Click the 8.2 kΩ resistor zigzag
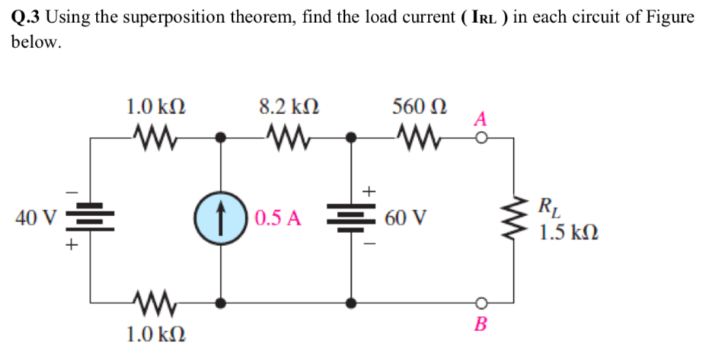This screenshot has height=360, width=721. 286,139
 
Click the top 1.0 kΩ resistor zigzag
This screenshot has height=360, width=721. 156,139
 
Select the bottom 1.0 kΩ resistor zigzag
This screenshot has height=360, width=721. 156,303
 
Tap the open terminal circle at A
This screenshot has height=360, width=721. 480,139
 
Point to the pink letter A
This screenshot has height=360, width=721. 480,119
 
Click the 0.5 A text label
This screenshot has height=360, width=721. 278,219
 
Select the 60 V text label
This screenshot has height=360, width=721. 405,219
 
